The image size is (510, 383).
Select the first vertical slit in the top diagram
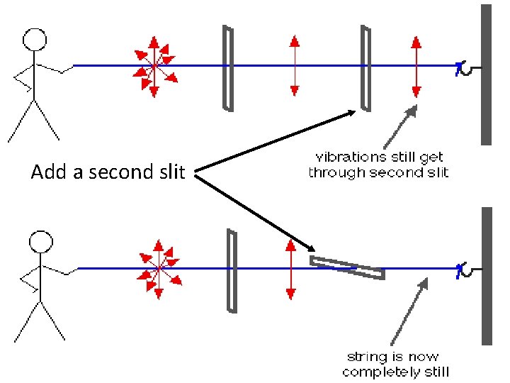(x=227, y=68)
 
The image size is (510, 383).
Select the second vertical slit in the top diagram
(x=365, y=68)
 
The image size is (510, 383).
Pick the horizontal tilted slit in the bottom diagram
(x=347, y=267)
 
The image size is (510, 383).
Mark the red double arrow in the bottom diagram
(x=289, y=269)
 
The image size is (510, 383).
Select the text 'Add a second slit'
(x=108, y=172)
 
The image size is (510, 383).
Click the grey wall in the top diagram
(x=486, y=74)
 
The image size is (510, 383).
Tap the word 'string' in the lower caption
(x=363, y=357)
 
